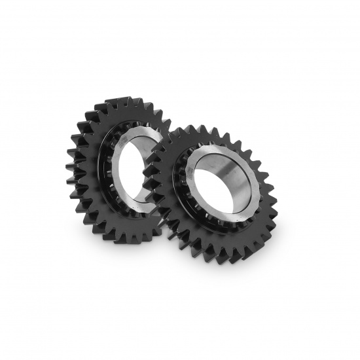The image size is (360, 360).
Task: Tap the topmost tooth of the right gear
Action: [196, 123]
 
